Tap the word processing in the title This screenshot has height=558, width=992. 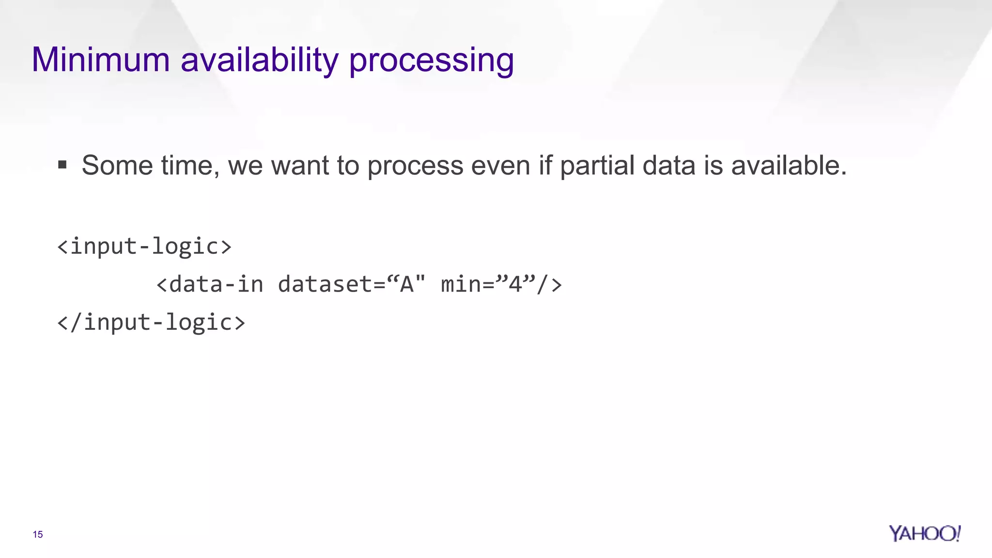431,61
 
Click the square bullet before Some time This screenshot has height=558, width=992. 62,165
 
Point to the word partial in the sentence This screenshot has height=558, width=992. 597,165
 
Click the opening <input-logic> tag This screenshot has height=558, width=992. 144,246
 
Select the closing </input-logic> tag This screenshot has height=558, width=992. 151,322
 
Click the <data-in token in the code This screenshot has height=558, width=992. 210,284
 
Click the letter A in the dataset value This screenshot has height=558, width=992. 406,284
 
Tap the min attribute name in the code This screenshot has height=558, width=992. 461,284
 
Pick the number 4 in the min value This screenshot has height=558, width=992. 515,284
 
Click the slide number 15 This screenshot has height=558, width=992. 38,534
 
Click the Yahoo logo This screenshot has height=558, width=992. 924,533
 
